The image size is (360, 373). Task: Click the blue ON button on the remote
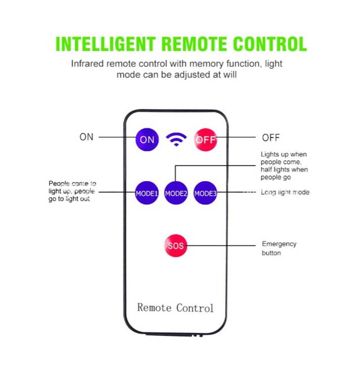(x=147, y=140)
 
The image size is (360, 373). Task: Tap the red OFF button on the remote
(x=206, y=140)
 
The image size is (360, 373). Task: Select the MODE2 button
(x=176, y=193)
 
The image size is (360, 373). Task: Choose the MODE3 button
(x=205, y=193)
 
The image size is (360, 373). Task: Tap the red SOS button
(x=175, y=246)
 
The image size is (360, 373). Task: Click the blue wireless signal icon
(x=176, y=139)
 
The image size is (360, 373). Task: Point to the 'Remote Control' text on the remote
(x=175, y=308)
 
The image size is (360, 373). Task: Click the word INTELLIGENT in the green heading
(x=106, y=44)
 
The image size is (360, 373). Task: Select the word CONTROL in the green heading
(x=270, y=44)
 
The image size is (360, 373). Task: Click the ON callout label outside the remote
(x=87, y=137)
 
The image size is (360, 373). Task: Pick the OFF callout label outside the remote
(x=271, y=137)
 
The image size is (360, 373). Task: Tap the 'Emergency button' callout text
(x=279, y=248)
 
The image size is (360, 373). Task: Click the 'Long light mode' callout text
(x=285, y=192)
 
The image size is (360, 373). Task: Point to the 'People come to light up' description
(x=72, y=191)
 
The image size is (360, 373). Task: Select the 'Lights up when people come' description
(x=284, y=166)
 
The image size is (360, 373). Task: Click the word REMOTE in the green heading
(x=194, y=44)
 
